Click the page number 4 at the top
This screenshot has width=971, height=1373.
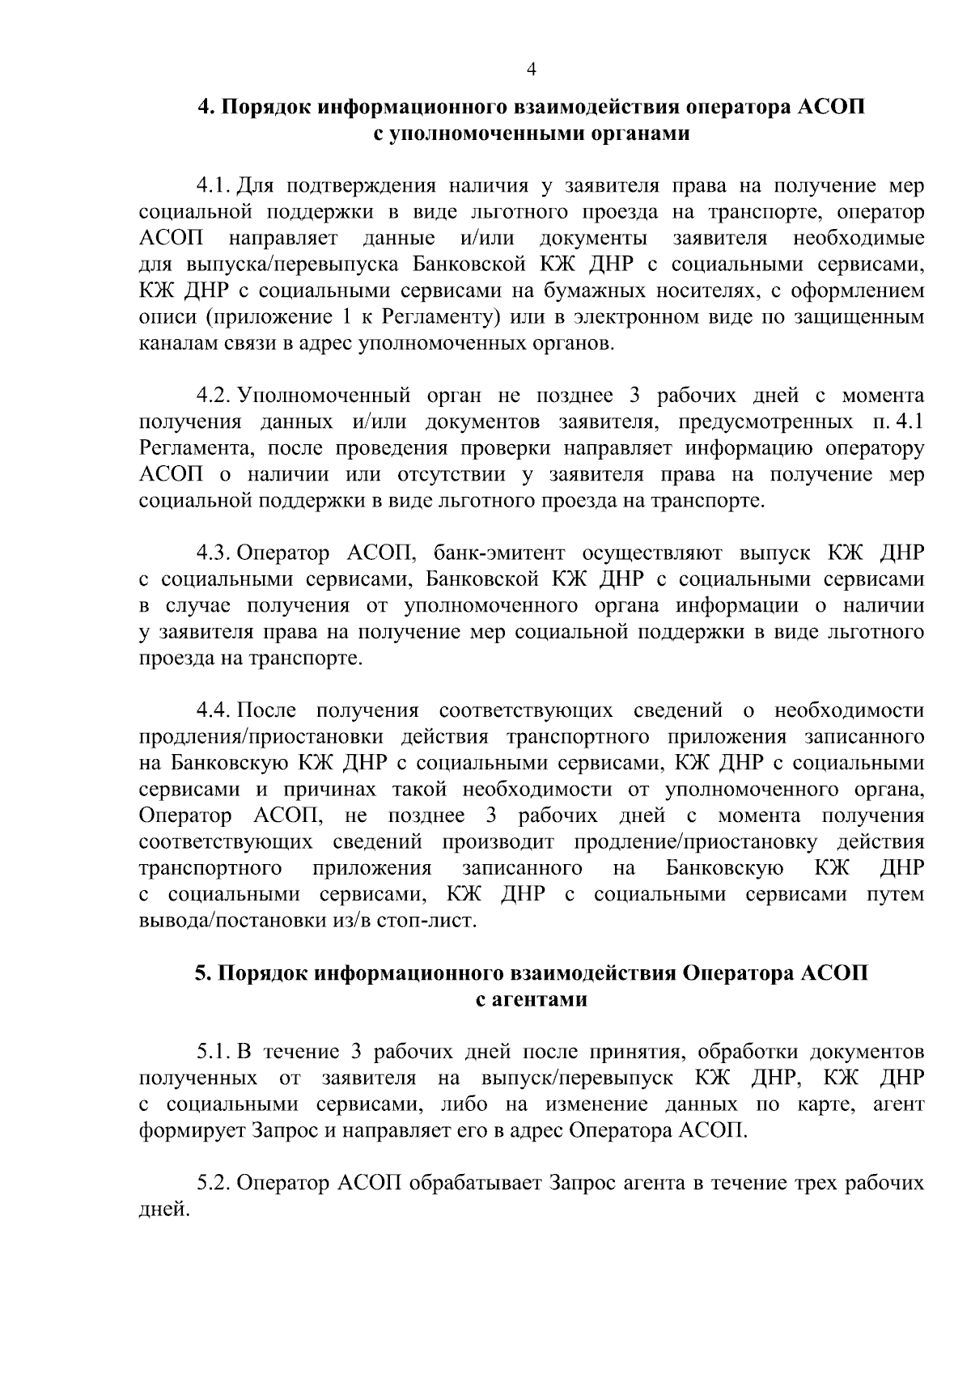pyautogui.click(x=532, y=70)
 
